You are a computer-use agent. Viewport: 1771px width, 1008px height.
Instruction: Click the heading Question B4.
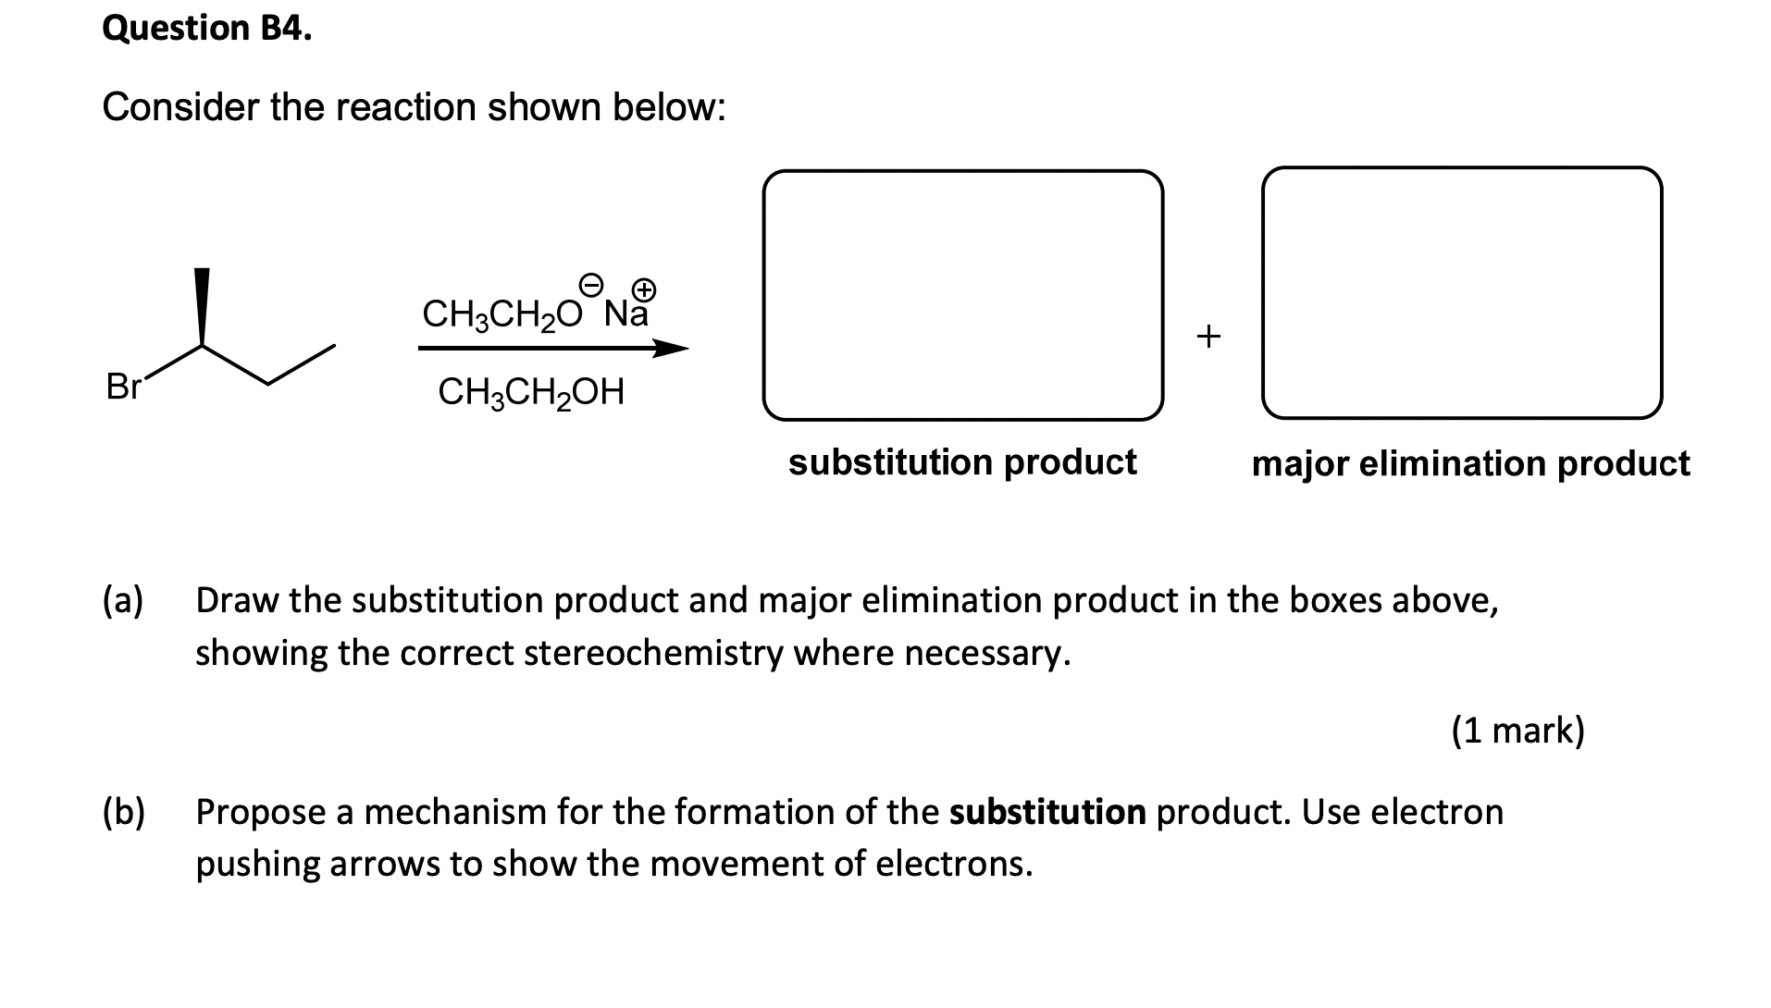(207, 29)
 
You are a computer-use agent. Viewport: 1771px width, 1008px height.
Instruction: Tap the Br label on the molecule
(122, 387)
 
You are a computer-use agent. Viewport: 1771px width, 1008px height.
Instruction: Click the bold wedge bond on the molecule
(202, 307)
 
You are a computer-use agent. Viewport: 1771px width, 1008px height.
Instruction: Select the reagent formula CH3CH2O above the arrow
(502, 314)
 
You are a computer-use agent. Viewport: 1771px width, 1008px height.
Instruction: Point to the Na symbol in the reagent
(625, 314)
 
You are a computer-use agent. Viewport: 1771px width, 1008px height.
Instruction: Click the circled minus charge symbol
(591, 282)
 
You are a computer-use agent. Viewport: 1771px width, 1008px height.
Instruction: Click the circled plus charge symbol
(645, 289)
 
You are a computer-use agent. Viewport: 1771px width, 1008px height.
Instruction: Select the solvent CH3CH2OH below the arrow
(531, 392)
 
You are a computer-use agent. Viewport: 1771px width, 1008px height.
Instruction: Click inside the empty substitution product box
(962, 294)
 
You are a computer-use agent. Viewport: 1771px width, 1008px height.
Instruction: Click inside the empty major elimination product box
(1462, 292)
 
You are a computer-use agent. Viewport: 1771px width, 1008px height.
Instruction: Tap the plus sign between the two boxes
(1208, 335)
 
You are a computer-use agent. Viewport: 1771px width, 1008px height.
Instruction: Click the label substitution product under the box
(962, 461)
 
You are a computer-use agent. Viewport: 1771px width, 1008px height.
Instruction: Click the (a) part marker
(124, 600)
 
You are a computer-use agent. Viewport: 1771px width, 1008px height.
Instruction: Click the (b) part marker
(124, 812)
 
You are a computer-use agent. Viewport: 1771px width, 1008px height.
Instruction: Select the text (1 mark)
(1517, 731)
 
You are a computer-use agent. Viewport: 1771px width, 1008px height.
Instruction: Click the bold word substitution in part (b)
(1047, 812)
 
